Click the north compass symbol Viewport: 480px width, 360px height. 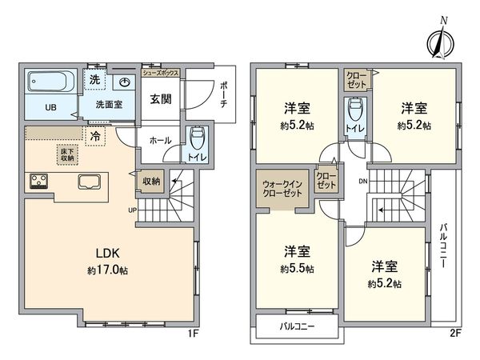[x=438, y=41]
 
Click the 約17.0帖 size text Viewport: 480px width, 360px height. [x=109, y=270]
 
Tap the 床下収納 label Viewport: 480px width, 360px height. [x=67, y=154]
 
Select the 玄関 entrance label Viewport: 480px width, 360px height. [x=158, y=99]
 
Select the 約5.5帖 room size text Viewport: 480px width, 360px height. [x=298, y=268]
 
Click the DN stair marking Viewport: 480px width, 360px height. [x=362, y=181]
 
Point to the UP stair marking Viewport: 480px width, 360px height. [x=132, y=210]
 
